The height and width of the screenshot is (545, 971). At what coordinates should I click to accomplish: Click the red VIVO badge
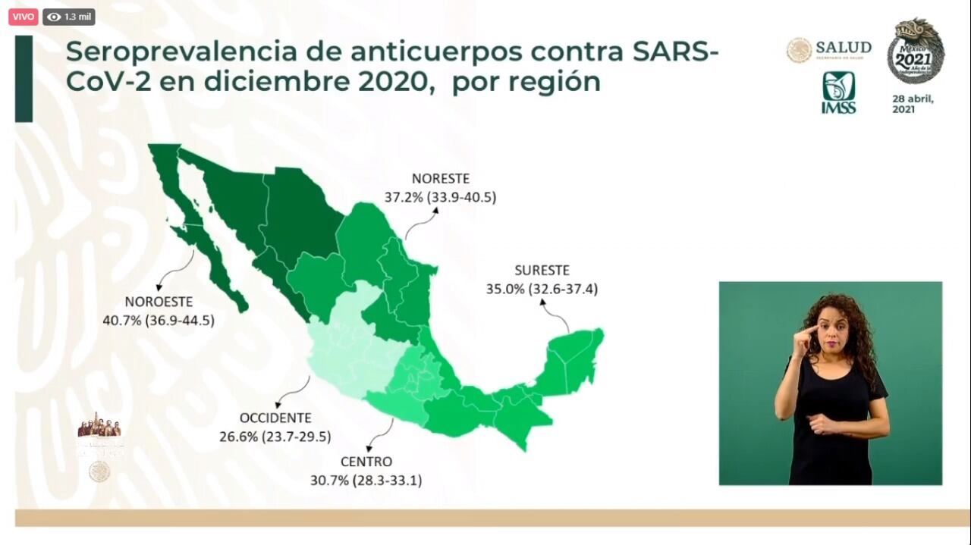(23, 16)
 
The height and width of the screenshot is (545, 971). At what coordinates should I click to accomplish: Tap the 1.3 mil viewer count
(69, 16)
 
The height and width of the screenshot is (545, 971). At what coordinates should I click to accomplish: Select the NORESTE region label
(440, 179)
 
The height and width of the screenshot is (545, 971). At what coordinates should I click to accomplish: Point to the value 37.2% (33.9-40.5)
(440, 197)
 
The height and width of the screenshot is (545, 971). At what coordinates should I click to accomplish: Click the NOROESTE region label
(159, 302)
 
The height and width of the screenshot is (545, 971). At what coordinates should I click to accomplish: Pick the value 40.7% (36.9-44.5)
(159, 320)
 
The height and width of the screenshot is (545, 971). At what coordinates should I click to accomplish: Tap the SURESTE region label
(542, 270)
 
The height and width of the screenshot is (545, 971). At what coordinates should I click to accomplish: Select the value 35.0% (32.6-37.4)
(542, 288)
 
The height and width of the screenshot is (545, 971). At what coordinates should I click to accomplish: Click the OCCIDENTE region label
(275, 418)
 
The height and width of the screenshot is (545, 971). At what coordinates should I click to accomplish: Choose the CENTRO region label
(366, 462)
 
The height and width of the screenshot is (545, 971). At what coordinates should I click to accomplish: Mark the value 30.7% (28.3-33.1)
(366, 480)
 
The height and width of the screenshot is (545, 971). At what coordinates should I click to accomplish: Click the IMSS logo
(838, 92)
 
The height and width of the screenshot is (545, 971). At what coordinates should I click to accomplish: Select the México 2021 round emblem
(916, 52)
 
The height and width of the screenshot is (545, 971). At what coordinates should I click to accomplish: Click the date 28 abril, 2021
(913, 104)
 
